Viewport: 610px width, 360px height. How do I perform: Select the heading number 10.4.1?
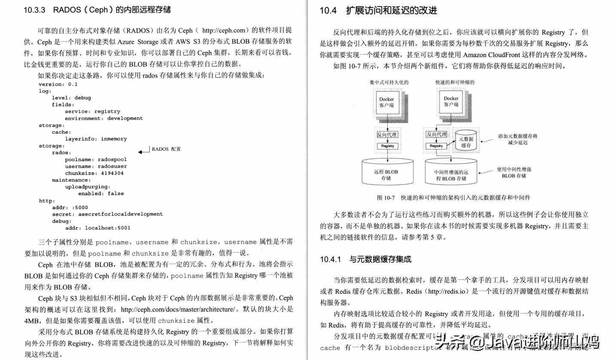[x=330, y=259]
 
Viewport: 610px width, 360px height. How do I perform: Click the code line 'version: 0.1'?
[x=58, y=84]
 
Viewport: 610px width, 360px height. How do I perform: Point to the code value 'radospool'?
[x=112, y=159]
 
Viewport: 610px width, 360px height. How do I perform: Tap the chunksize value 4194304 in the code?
[x=112, y=173]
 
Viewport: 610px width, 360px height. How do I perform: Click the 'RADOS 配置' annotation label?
[x=166, y=149]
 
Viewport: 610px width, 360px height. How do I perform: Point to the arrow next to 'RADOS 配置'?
[x=143, y=152]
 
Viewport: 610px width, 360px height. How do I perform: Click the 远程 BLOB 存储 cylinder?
[x=386, y=174]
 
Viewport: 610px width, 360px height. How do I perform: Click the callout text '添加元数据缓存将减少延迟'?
[x=518, y=139]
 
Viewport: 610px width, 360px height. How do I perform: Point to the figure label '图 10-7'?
[x=385, y=198]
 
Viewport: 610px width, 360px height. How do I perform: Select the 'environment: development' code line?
[x=103, y=118]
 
